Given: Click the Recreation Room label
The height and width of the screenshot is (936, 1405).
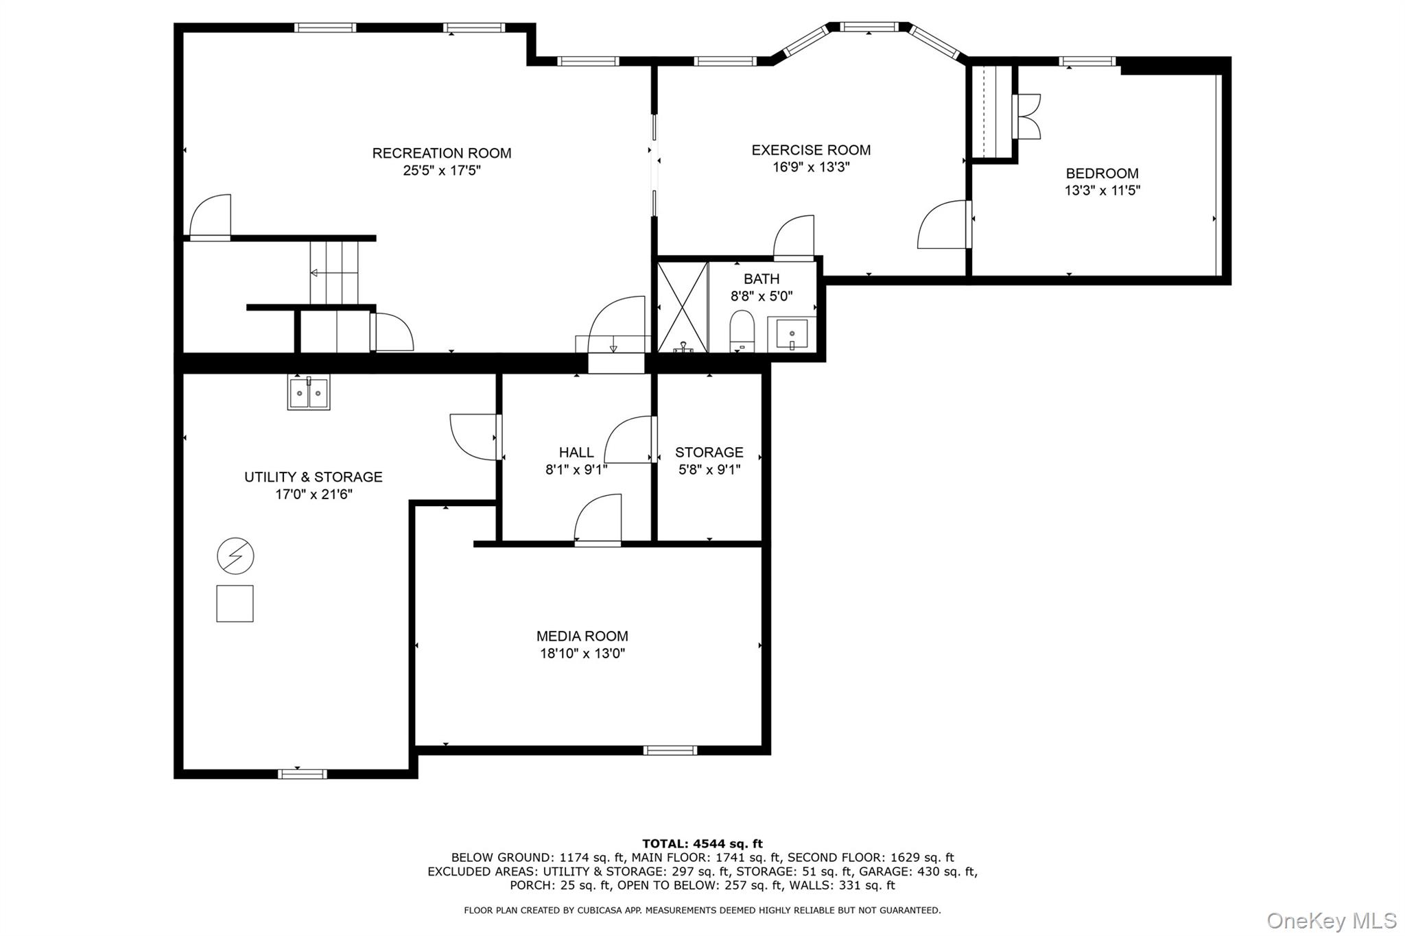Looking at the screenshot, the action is [x=442, y=153].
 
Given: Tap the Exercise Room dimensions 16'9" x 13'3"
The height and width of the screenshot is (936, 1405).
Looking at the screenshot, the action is [x=811, y=167].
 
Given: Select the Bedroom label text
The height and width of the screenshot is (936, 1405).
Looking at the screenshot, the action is [x=1102, y=173].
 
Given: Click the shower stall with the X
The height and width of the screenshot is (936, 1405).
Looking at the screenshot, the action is [x=683, y=307].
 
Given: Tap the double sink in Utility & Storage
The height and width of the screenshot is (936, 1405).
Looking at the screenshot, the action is [x=309, y=393].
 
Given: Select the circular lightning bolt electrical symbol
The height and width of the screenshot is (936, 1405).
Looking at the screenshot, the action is [x=235, y=555].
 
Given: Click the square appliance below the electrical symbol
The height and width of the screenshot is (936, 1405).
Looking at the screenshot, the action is [x=235, y=603].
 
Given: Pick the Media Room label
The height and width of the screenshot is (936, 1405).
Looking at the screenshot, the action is [x=582, y=636].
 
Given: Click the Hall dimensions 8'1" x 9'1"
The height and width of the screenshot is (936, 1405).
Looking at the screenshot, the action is [x=576, y=470].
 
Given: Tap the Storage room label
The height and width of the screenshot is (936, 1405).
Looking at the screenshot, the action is [x=709, y=453].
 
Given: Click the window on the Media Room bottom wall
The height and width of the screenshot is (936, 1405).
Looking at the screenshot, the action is [x=670, y=750].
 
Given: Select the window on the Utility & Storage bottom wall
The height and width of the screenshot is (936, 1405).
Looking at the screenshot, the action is [x=303, y=774].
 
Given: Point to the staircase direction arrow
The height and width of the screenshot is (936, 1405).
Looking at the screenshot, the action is [x=334, y=273].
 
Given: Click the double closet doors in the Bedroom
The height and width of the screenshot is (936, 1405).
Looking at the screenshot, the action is [x=1026, y=117].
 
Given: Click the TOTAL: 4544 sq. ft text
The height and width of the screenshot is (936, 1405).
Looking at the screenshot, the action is [x=702, y=844].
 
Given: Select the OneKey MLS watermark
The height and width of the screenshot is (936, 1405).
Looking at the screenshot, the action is [x=1332, y=920].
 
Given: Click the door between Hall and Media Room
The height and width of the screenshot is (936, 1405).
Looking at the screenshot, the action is [x=598, y=520].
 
